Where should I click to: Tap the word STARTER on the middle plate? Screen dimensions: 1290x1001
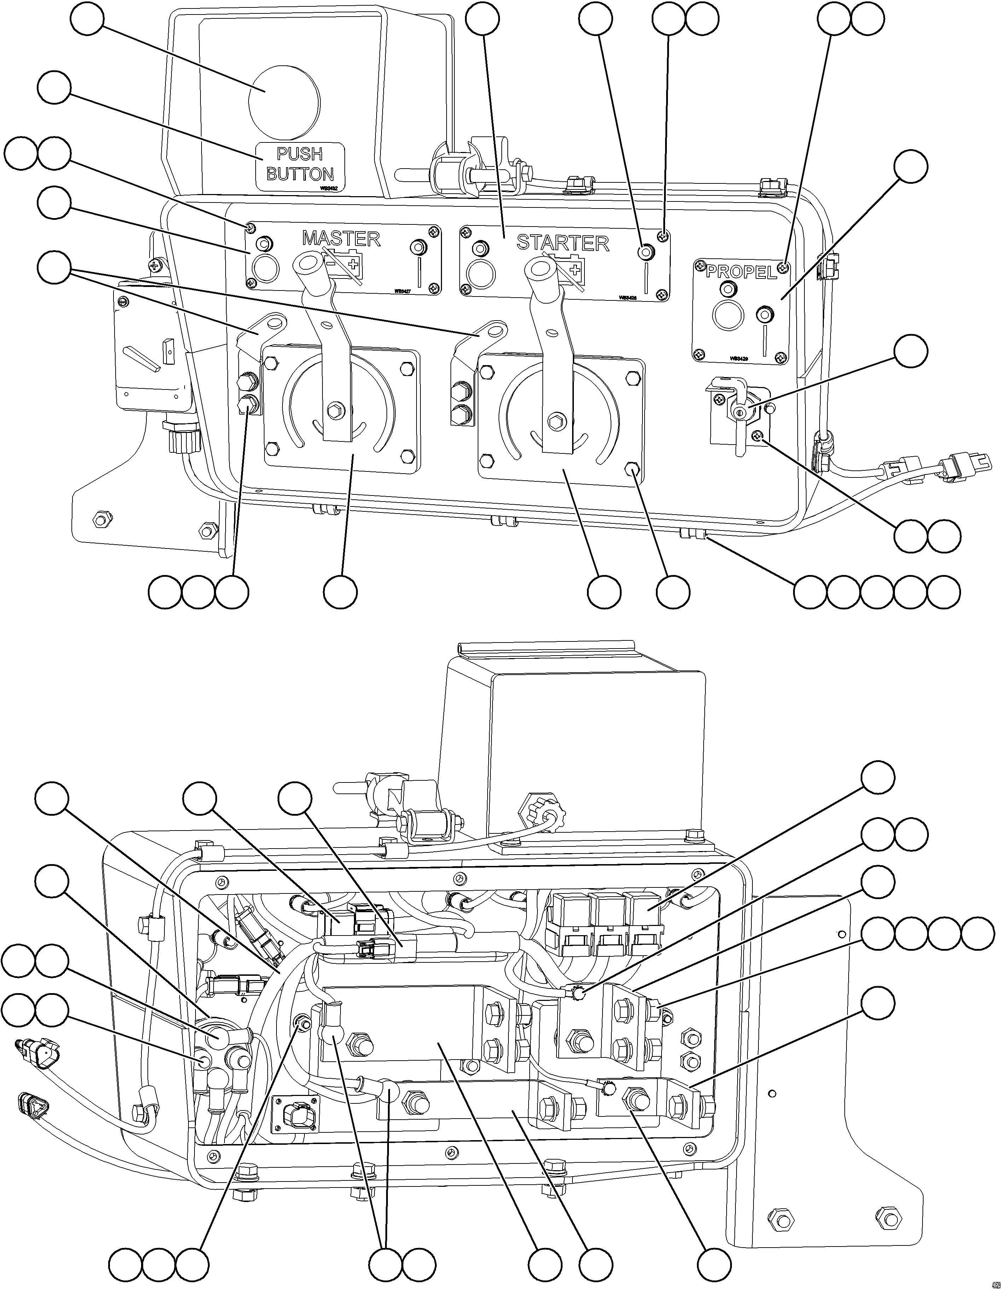(563, 243)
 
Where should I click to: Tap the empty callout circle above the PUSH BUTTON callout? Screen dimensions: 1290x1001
(87, 19)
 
